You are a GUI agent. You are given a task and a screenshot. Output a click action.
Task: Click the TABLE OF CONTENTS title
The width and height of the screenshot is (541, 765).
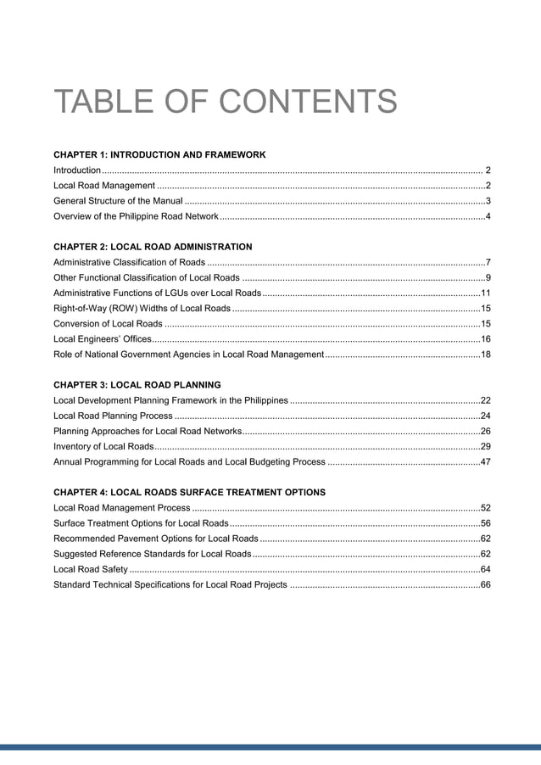(x=225, y=103)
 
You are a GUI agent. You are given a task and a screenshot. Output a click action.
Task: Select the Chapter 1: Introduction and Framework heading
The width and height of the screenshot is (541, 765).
(x=159, y=155)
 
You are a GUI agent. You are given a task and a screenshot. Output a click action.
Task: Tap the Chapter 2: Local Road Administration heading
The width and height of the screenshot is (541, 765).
(x=153, y=247)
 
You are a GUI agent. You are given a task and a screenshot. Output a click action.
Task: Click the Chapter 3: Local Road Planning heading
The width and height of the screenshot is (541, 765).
(x=137, y=384)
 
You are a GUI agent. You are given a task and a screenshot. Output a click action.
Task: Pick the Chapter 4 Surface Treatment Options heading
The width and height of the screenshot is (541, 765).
(x=189, y=492)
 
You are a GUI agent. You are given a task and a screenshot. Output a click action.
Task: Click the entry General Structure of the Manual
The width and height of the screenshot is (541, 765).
(x=118, y=201)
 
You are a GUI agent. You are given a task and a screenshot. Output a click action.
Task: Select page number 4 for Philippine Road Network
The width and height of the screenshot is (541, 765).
(x=487, y=216)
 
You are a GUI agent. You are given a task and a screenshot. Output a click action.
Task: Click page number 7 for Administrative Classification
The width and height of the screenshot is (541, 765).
(x=487, y=262)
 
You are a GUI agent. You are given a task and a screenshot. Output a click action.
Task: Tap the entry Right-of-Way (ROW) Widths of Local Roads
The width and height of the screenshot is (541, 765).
(x=142, y=308)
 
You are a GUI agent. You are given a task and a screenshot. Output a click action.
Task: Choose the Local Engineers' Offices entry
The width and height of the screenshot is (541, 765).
(x=102, y=338)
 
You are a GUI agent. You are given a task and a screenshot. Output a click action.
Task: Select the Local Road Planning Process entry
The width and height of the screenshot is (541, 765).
(x=113, y=416)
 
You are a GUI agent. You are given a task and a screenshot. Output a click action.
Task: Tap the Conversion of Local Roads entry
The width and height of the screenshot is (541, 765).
(x=108, y=323)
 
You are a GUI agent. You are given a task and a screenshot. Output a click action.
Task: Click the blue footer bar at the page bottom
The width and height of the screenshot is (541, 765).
(x=270, y=747)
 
